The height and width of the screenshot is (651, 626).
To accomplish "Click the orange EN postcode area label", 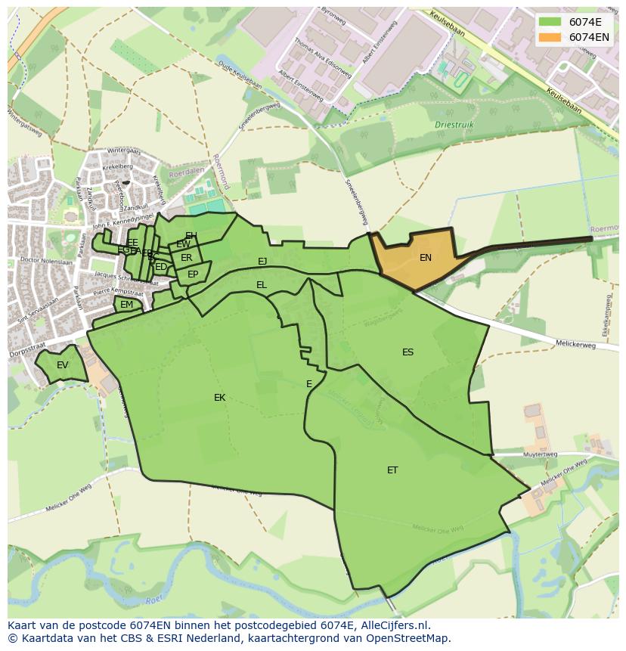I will [x=426, y=258].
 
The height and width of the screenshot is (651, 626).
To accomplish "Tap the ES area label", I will [x=408, y=352].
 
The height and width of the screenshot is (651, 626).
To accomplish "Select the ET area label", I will [x=392, y=470].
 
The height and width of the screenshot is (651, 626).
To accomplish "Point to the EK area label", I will [x=219, y=398].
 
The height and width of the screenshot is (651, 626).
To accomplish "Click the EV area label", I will [x=63, y=365].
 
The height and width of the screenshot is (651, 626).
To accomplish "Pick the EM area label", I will [x=126, y=305].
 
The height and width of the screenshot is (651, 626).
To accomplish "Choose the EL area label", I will [x=262, y=285].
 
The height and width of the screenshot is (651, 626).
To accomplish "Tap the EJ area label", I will [x=262, y=262].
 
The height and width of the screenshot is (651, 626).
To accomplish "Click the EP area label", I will [x=193, y=274].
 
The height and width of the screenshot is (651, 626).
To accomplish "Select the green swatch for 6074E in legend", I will [x=550, y=22].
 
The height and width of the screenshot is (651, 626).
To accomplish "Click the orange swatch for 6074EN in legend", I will [x=550, y=37].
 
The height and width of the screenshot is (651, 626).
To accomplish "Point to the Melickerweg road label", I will [x=575, y=345].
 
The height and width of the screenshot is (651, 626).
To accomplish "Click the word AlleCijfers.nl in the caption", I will [x=393, y=625].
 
